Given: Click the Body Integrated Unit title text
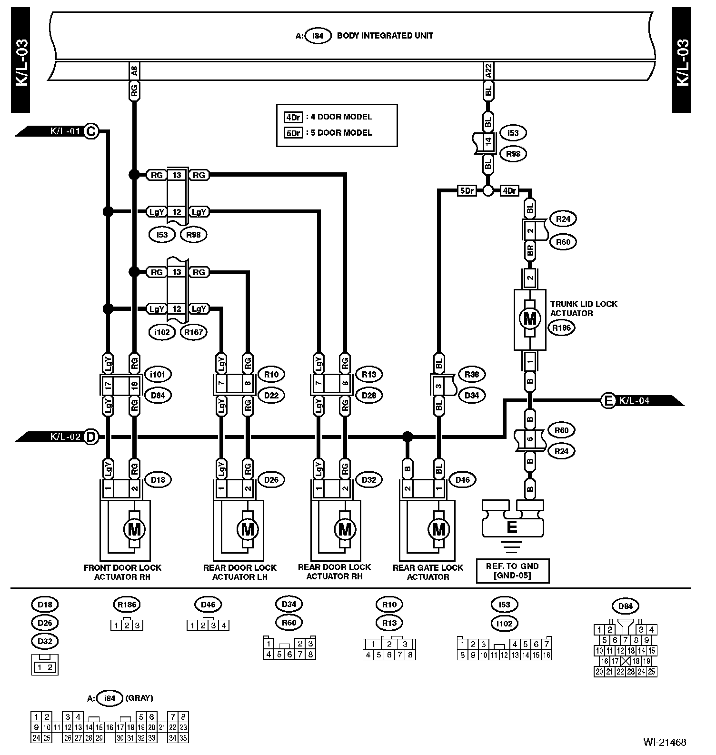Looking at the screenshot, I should (x=385, y=35).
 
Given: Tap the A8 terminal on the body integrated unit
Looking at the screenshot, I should (x=134, y=71).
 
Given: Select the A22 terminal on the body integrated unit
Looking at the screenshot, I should (x=488, y=71).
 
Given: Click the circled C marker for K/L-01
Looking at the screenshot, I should (x=90, y=131).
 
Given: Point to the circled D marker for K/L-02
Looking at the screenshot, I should (x=90, y=437).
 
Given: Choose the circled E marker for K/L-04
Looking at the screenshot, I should (x=608, y=401).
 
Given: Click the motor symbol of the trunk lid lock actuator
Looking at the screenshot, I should (x=529, y=318).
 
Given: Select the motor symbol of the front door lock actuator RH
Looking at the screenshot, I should (x=134, y=529).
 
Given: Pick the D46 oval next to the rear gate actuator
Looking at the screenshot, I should (x=462, y=479).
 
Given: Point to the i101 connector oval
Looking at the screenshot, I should (x=157, y=374).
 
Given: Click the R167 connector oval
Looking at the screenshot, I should (x=194, y=332).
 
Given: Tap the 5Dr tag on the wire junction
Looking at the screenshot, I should (x=467, y=191).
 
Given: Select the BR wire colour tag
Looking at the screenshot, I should (x=530, y=250).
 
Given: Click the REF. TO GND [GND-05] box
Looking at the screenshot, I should (x=512, y=571).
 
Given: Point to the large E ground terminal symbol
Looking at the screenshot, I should (x=512, y=527).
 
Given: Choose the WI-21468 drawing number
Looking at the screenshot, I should (x=665, y=742).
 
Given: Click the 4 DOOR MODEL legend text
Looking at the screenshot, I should (x=341, y=117).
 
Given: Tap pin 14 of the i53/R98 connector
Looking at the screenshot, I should (x=488, y=141).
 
